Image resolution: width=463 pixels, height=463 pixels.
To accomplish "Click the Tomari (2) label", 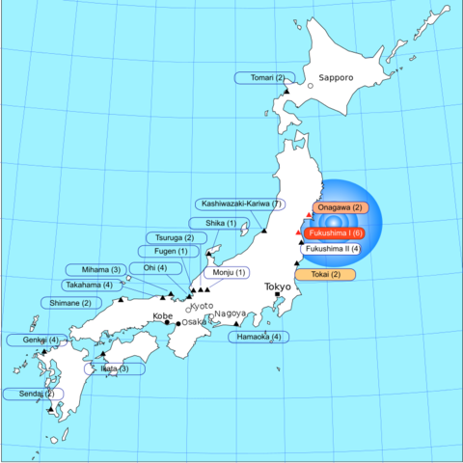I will point(261,77).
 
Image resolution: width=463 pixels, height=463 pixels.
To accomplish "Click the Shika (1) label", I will point(221,223).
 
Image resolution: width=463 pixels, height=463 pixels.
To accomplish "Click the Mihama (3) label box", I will point(95,269).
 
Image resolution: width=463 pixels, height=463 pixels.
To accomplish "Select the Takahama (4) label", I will point(88,285).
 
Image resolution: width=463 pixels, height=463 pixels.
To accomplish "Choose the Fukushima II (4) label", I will point(333,249).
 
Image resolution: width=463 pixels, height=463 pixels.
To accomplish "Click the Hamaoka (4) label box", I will point(259,337).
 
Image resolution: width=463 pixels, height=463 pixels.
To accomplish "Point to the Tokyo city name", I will point(278,286).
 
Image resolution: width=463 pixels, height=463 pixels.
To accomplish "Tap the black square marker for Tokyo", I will point(277,295).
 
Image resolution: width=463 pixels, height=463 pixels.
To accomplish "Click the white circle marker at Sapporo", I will point(311,86).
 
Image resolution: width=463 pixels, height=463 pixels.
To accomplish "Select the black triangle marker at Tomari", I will point(286,91).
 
